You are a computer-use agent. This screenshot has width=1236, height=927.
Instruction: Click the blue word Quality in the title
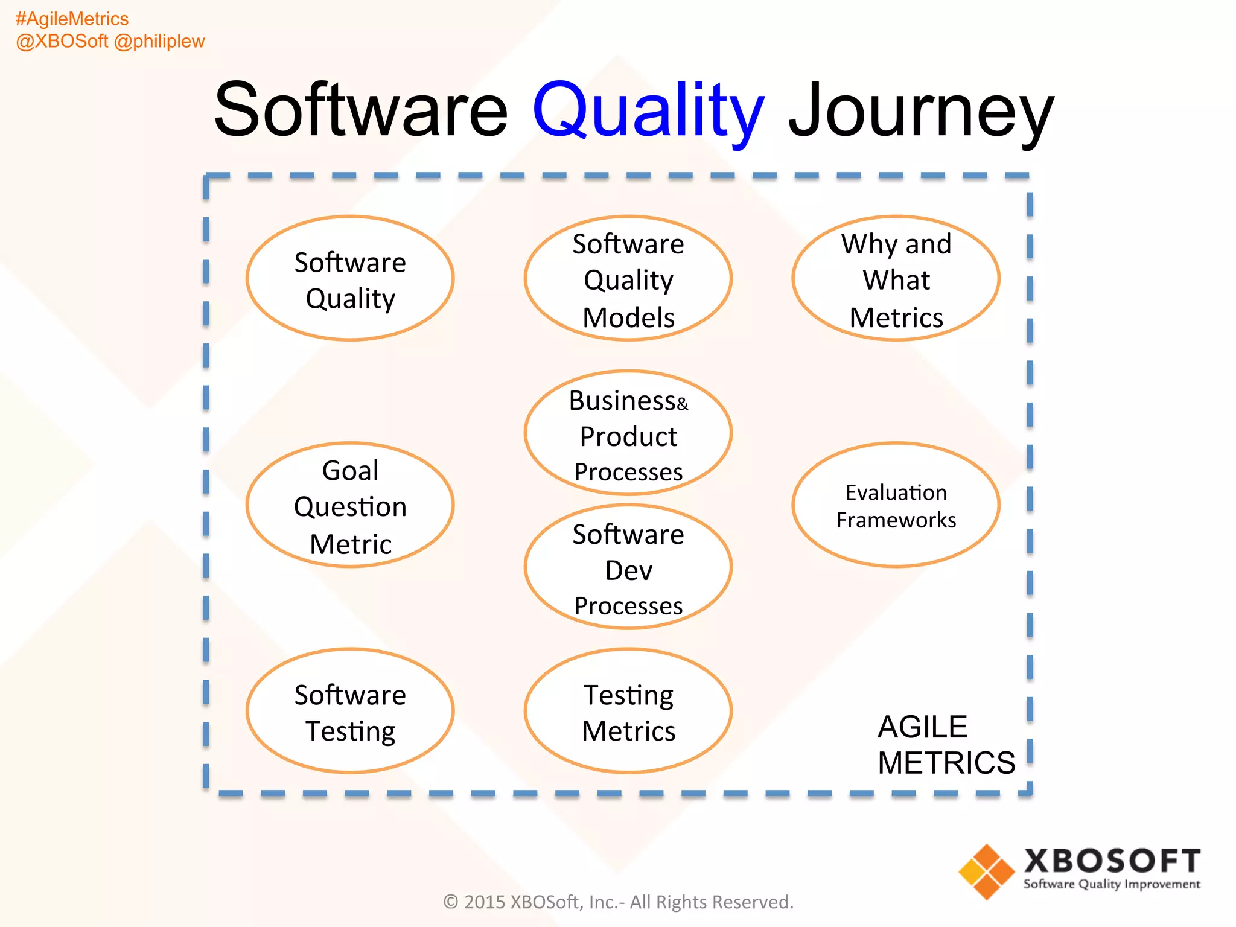[648, 111]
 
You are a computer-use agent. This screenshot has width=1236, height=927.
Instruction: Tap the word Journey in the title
[921, 111]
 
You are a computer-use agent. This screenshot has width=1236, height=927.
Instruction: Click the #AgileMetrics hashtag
[72, 19]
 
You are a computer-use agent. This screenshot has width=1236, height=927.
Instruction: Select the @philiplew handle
[159, 41]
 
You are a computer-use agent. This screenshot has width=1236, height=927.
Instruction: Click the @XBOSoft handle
[62, 41]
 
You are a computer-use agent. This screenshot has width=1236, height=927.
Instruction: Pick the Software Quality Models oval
[628, 279]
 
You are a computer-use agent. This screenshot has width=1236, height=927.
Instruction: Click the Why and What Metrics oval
[896, 279]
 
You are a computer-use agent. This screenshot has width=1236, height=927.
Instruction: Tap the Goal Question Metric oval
[350, 506]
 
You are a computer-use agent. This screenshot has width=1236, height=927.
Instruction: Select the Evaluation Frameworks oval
[896, 506]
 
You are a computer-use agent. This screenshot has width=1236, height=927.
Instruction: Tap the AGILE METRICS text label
[945, 745]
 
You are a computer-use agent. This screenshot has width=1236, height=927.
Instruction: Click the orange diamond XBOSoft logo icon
[986, 871]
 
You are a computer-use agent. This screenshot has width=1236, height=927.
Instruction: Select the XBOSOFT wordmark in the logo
[1112, 861]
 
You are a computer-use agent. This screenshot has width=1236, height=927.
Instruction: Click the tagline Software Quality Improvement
[1112, 884]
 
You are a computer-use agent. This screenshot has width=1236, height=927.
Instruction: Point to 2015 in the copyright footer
[484, 902]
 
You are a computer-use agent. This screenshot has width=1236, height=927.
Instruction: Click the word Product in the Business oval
[628, 436]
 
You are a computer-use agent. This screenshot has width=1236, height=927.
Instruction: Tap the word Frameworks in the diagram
[896, 520]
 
